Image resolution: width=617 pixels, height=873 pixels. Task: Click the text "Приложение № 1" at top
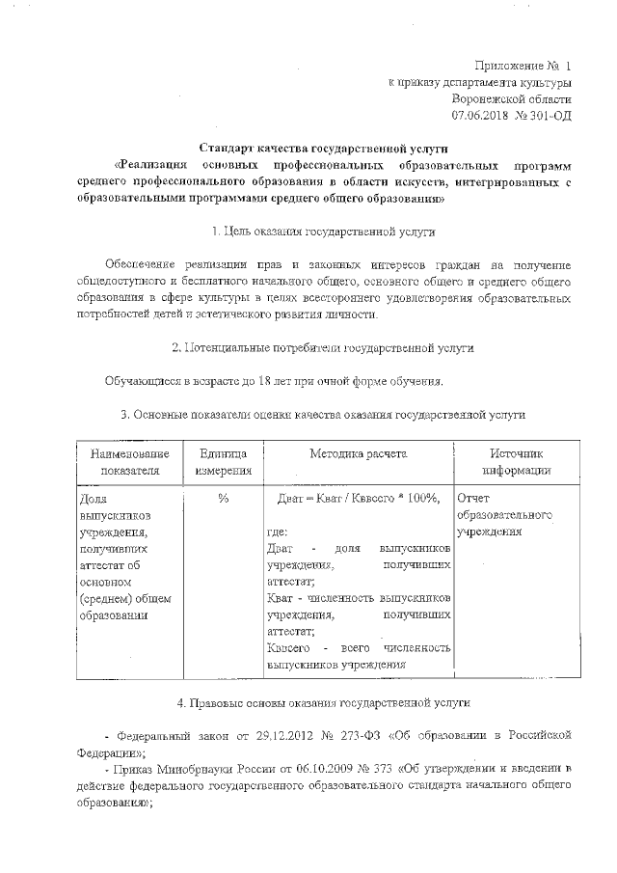[x=523, y=66]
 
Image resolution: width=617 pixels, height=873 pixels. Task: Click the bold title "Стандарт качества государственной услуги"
[x=308, y=148]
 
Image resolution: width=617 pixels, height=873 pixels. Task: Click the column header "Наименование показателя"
[x=123, y=462]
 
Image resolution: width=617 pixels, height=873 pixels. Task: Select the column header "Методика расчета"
[x=358, y=453]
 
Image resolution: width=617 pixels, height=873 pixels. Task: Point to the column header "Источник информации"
[x=517, y=462]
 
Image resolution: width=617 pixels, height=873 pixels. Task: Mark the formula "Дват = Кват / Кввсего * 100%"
[x=358, y=498]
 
